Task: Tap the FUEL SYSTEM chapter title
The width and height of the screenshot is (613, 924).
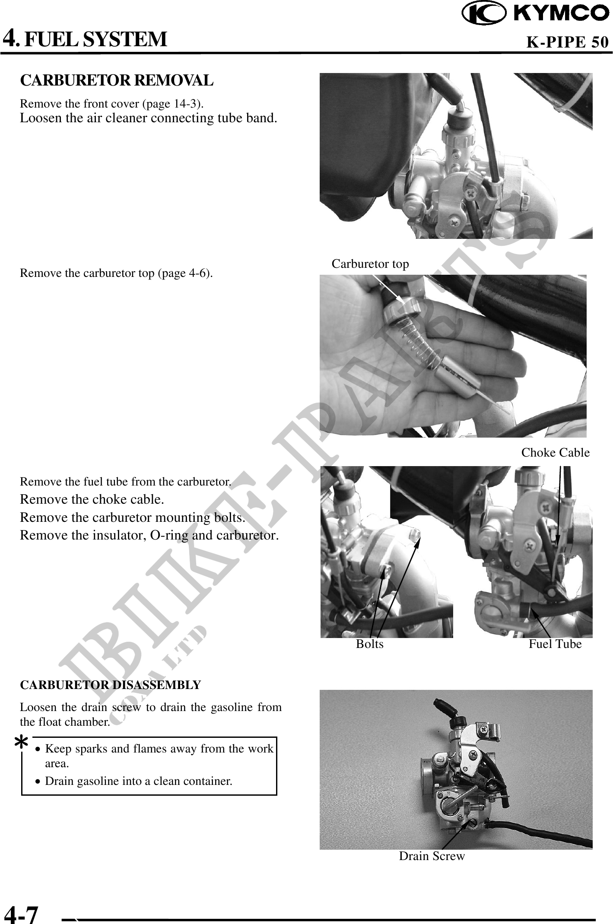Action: [95, 39]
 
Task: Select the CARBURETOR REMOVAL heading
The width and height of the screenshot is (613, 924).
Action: [117, 80]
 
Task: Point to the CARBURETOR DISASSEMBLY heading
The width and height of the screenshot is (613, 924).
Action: [111, 685]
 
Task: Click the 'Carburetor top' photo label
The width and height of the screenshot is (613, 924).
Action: [370, 264]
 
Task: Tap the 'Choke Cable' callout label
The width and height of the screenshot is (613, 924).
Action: [555, 452]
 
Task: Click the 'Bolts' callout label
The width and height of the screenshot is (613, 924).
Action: [369, 644]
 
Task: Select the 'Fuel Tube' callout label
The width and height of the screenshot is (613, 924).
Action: [555, 644]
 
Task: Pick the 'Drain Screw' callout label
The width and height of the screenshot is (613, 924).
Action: [432, 856]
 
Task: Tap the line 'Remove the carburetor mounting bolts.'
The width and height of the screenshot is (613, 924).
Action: [133, 517]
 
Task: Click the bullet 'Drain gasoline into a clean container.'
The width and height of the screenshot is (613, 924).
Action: [139, 781]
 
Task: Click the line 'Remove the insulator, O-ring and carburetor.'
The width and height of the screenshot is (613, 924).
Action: [149, 535]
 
